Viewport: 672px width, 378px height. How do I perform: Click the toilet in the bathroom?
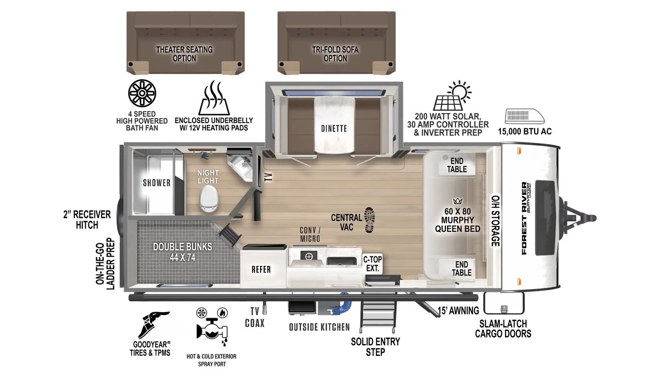point(208,198)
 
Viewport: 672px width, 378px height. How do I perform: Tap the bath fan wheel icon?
point(142,93)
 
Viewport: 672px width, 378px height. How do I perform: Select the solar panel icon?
point(452,96)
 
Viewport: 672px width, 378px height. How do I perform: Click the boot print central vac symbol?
point(369,220)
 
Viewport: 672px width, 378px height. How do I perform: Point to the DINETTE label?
point(334,129)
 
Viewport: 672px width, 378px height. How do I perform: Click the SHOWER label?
point(157,183)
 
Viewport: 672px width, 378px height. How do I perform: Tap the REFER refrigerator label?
point(261,269)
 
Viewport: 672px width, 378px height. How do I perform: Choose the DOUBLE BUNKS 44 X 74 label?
point(182,252)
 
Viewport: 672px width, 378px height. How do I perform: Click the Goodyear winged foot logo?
point(153,325)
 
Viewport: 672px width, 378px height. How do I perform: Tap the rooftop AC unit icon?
point(525,116)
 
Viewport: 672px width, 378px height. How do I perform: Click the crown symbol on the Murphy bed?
point(457,201)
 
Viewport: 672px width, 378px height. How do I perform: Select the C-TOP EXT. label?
point(373,264)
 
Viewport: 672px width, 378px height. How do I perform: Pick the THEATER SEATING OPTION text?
point(184,54)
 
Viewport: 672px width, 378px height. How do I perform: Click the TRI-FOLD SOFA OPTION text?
point(335,54)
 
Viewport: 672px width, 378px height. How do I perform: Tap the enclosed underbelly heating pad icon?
point(214,98)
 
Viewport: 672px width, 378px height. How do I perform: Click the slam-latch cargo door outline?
point(504,303)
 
